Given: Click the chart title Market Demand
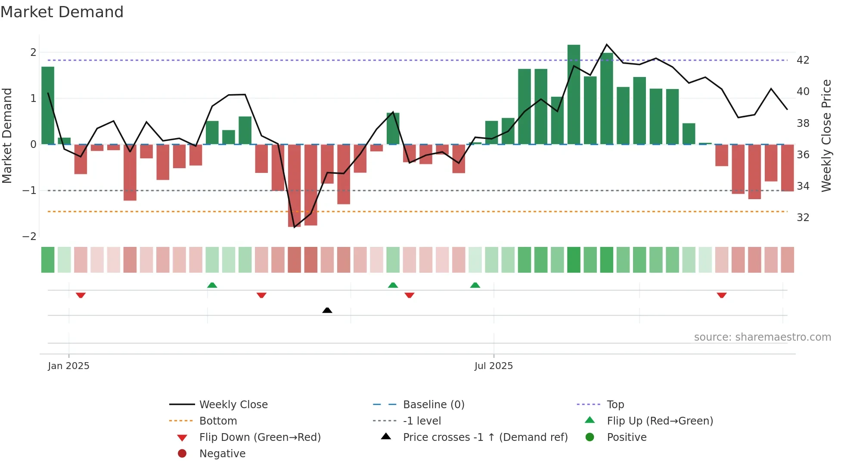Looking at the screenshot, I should pyautogui.click(x=62, y=12).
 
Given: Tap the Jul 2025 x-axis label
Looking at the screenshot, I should pyautogui.click(x=493, y=366).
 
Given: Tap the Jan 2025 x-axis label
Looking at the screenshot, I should pyautogui.click(x=68, y=366).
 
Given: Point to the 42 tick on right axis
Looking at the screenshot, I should pyautogui.click(x=803, y=60).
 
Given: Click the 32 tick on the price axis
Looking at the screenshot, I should pyautogui.click(x=803, y=218).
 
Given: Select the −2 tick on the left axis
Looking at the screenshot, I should pyautogui.click(x=30, y=237).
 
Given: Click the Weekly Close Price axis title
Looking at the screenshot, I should pyautogui.click(x=826, y=135).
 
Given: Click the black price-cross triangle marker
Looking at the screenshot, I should pyautogui.click(x=327, y=310).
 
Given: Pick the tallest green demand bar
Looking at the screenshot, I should pyautogui.click(x=574, y=95).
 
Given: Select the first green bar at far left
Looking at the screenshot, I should pyautogui.click(x=48, y=105).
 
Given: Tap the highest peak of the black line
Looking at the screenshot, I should pyautogui.click(x=607, y=45).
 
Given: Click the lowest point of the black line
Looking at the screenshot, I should pyautogui.click(x=295, y=227).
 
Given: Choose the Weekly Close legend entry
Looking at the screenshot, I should pyautogui.click(x=233, y=405).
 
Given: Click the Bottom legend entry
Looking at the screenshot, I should pyautogui.click(x=218, y=421).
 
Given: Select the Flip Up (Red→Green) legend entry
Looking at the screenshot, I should pyautogui.click(x=660, y=421).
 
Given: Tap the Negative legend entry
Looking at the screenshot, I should pyautogui.click(x=222, y=454).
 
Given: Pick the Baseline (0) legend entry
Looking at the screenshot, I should pyautogui.click(x=433, y=405).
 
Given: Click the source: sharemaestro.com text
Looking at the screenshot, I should pyautogui.click(x=762, y=337).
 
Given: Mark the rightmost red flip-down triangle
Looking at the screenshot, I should pyautogui.click(x=722, y=295).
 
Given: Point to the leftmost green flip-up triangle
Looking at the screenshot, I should pyautogui.click(x=212, y=285).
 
